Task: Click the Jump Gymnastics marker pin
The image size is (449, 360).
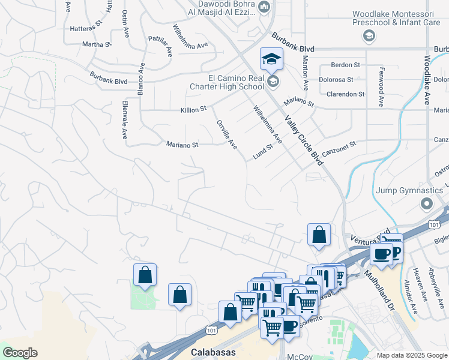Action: point(427,204)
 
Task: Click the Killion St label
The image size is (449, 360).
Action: point(193,110)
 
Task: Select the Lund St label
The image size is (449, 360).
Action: point(263,151)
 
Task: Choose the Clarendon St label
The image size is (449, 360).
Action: point(345,94)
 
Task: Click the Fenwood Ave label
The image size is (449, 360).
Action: point(381,86)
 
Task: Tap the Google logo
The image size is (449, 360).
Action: point(20,353)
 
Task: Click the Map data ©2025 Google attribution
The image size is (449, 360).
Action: point(412,355)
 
